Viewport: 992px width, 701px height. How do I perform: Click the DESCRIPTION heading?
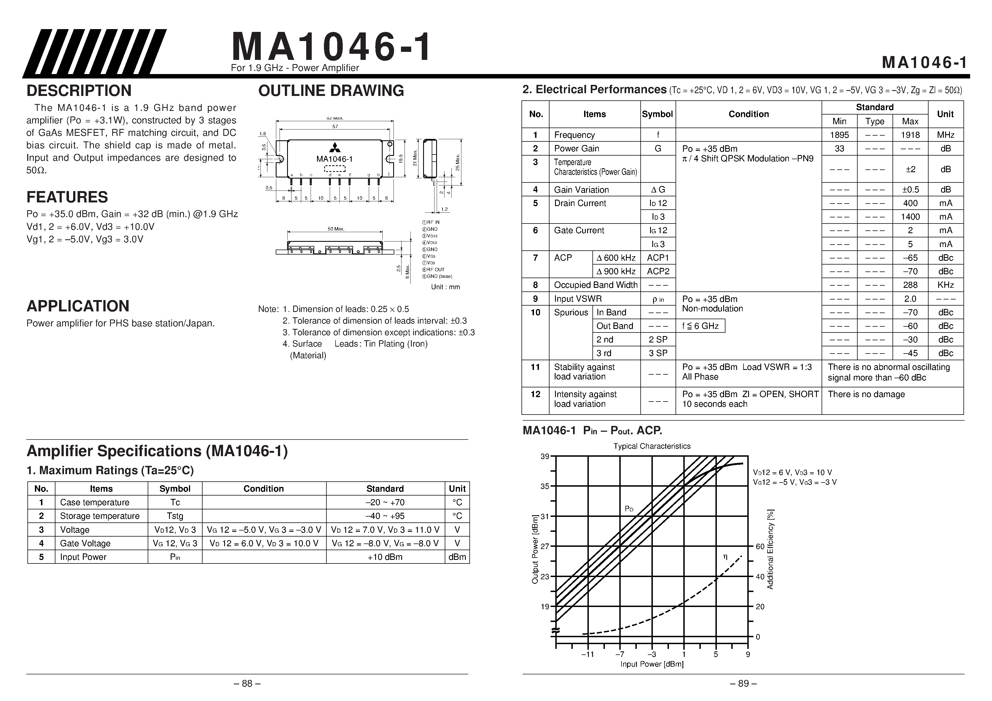click(x=79, y=91)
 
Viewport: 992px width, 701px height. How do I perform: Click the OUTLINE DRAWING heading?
click(x=331, y=91)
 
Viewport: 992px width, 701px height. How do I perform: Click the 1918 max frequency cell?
click(x=910, y=135)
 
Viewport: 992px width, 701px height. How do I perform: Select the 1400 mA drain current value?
click(x=910, y=217)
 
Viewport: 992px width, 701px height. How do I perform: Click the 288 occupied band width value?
click(x=910, y=285)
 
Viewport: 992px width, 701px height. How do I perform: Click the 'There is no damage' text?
click(x=866, y=394)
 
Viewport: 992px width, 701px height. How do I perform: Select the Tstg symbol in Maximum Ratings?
click(x=175, y=516)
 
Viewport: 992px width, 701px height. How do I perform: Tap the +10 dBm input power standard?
click(x=385, y=557)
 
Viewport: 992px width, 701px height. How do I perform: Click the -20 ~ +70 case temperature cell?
click(x=385, y=502)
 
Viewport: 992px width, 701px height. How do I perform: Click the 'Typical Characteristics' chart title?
click(x=651, y=446)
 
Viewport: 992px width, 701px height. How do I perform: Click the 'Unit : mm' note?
click(x=445, y=287)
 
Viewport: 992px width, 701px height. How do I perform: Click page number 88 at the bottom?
click(x=247, y=684)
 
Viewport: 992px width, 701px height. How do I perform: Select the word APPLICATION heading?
click(x=78, y=306)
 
